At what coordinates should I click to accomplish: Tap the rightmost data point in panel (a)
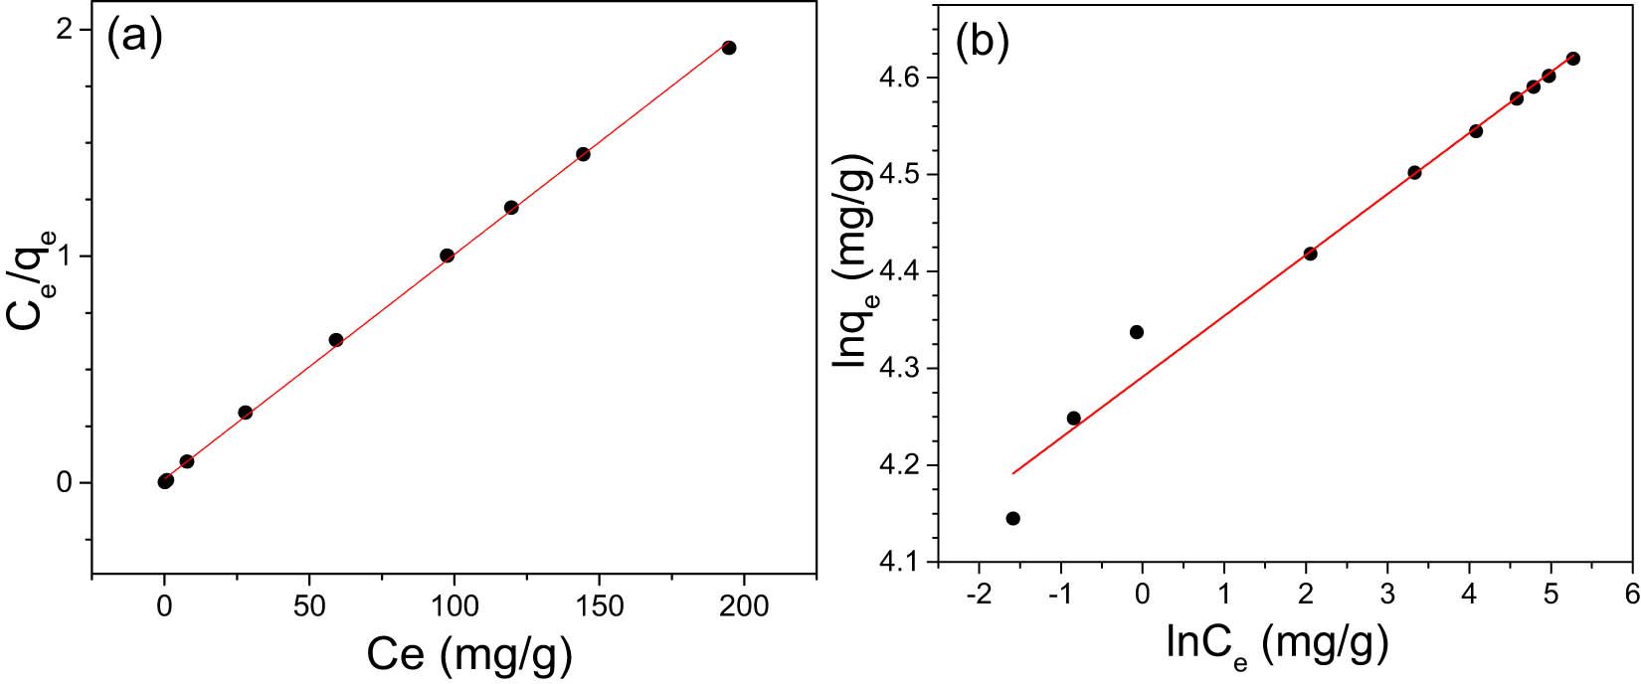[729, 48]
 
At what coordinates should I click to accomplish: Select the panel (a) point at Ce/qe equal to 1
[447, 256]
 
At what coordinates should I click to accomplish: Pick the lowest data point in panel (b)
[1012, 518]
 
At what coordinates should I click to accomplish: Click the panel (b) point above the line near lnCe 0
[1137, 332]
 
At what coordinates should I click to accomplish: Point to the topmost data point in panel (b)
[1573, 59]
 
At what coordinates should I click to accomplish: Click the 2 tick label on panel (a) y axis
[66, 30]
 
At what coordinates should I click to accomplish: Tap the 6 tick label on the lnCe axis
[1631, 595]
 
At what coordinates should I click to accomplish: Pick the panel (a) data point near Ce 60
[336, 340]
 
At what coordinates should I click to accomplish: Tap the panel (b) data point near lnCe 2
[1311, 254]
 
